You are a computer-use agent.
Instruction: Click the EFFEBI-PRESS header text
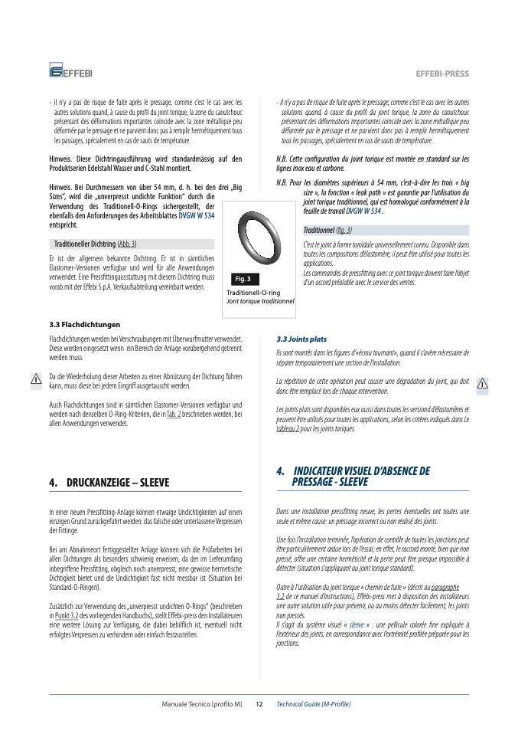click(441, 74)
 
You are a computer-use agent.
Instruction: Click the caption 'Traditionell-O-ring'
click(253, 293)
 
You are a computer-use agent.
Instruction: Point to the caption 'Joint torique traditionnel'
click(260, 301)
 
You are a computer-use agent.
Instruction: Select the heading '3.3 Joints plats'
click(301, 338)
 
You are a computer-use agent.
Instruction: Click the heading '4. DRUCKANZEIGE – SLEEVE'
click(109, 483)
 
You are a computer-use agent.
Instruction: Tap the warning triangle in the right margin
click(482, 384)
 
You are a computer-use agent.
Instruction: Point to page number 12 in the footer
click(259, 703)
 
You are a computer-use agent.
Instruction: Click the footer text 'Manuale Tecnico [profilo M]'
click(202, 703)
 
